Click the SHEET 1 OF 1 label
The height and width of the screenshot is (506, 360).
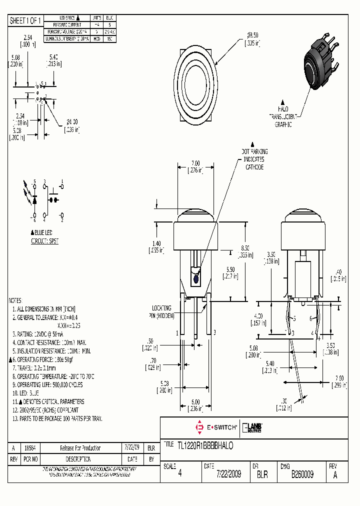(26, 20)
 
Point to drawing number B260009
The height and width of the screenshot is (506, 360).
(302, 474)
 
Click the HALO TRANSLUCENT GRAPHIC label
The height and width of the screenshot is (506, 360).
(283, 116)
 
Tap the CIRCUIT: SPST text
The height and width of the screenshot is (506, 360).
(44, 241)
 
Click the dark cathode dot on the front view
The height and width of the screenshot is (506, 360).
(195, 278)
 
